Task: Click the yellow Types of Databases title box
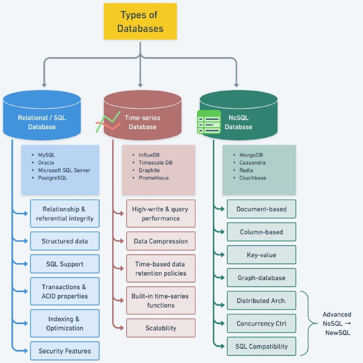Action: point(140,21)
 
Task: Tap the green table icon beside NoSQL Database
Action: point(209,122)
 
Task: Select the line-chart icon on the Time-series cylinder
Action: point(108,122)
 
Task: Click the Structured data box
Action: point(65,241)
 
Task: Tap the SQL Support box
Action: point(65,264)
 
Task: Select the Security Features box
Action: point(65,351)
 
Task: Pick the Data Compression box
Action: point(161,241)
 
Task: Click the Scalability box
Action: point(161,328)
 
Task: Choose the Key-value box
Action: point(261,255)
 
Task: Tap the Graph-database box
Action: point(261,278)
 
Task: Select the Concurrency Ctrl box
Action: point(261,324)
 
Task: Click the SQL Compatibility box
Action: point(261,346)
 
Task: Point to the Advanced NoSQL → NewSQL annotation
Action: point(337,324)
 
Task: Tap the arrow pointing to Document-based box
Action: point(219,208)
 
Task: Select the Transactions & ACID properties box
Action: point(65,291)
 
